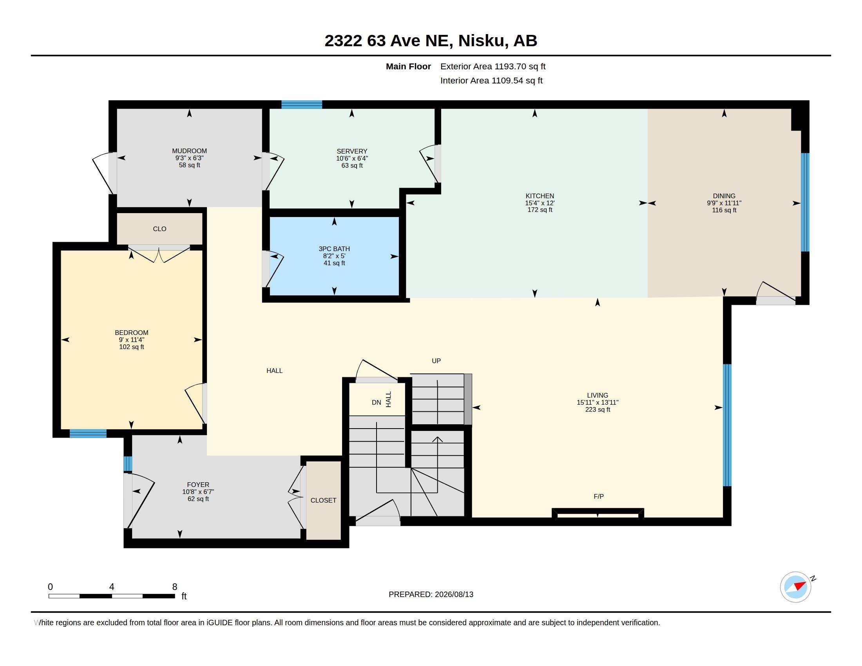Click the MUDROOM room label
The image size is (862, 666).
190,151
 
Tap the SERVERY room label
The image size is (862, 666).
352,151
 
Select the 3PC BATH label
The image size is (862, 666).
334,248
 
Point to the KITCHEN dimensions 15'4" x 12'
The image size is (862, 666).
540,203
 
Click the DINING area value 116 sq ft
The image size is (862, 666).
724,210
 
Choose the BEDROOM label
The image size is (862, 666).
131,333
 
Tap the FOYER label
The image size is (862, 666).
198,485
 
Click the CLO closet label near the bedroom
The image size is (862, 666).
159,229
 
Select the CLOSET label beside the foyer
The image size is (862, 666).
323,500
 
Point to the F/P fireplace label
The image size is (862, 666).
598,496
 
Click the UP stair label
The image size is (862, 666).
436,360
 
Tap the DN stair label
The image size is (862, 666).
376,402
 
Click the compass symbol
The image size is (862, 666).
795,587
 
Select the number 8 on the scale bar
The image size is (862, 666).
174,587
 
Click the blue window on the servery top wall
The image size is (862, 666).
302,105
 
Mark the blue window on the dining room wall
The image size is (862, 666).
805,202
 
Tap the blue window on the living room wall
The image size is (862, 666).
727,425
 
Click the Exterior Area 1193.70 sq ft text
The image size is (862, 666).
493,66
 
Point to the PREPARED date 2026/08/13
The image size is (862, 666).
454,594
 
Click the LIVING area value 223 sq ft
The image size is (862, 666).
598,409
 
